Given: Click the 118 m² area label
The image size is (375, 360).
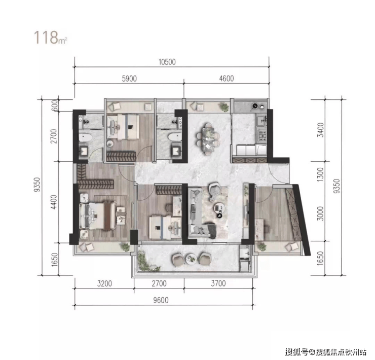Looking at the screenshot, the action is [x=50, y=38].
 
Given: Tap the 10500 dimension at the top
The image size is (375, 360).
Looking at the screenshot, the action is [x=167, y=62].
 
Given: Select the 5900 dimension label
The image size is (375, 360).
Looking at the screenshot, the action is [x=129, y=79].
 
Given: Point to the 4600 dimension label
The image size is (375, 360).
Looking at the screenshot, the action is [x=227, y=79].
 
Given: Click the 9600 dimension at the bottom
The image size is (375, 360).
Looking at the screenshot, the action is [x=161, y=300].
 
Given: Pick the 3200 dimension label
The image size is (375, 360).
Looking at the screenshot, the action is [x=104, y=283].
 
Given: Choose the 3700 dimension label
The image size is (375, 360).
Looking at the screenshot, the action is [x=218, y=283].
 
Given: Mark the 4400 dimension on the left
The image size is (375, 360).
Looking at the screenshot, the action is [x=54, y=202].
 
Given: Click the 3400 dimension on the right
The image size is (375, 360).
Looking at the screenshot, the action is [x=320, y=130].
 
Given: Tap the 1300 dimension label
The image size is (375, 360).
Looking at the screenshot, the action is [x=320, y=174].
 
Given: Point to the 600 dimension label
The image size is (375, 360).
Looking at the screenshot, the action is [x=55, y=105].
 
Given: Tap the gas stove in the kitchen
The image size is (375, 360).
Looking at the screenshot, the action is [x=262, y=136].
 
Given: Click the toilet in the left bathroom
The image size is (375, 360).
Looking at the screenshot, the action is [x=85, y=138].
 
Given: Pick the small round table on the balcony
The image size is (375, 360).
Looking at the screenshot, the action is [x=192, y=259].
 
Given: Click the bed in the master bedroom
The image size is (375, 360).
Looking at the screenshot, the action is [x=98, y=216].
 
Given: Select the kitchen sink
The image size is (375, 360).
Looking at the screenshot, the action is [x=261, y=121].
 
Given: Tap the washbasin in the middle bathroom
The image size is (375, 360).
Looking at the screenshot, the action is [x=177, y=152].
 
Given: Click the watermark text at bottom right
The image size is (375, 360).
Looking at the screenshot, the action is [x=325, y=351].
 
